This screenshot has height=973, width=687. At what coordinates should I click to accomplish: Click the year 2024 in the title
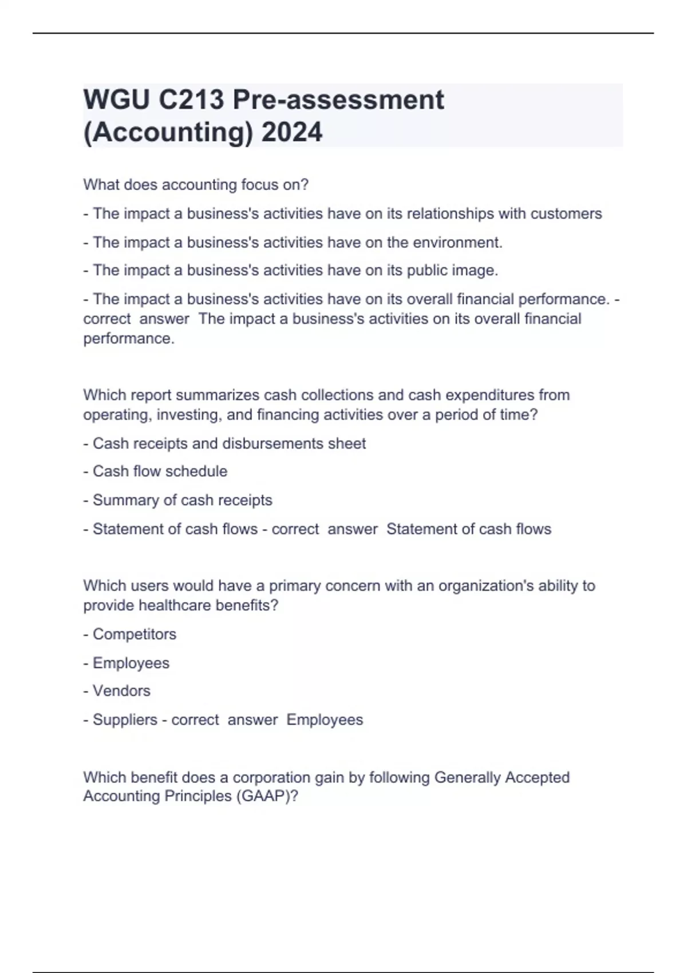pyautogui.click(x=292, y=132)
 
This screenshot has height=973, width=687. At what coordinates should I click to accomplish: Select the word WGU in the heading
pyautogui.click(x=116, y=100)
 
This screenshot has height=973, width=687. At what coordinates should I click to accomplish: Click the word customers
pyautogui.click(x=566, y=213)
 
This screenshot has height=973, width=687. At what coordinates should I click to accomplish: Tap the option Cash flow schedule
pyautogui.click(x=160, y=471)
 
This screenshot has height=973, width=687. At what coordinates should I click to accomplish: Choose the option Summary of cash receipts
pyautogui.click(x=182, y=500)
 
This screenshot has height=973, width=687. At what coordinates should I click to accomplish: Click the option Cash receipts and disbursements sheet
pyautogui.click(x=229, y=444)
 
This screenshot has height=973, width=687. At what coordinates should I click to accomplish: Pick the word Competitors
pyautogui.click(x=135, y=634)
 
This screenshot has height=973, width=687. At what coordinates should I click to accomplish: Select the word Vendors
pyautogui.click(x=121, y=691)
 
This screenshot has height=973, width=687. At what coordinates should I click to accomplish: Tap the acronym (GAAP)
pyautogui.click(x=266, y=796)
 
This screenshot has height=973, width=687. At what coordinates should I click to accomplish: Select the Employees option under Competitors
pyautogui.click(x=131, y=663)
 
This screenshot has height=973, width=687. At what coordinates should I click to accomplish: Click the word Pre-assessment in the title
pyautogui.click(x=338, y=100)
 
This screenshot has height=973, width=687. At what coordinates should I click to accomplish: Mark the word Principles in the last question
pyautogui.click(x=198, y=796)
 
